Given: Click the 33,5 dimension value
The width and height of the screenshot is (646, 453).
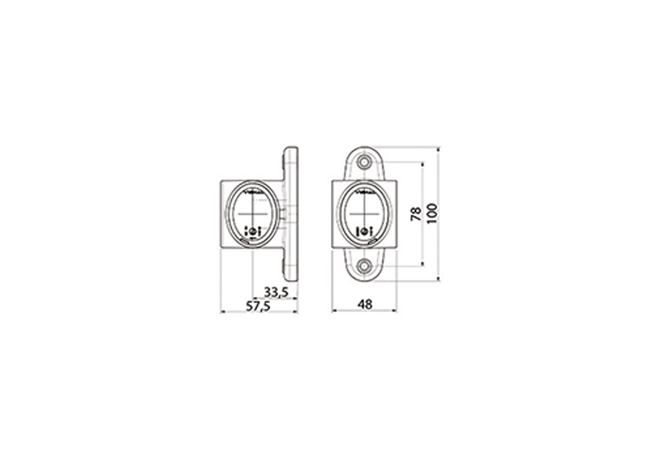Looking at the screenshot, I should [x=277, y=292].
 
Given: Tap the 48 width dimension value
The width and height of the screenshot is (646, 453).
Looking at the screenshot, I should [x=365, y=305].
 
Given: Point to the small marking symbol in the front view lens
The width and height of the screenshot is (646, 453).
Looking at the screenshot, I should [x=364, y=231].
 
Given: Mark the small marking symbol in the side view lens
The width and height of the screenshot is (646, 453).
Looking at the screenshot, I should [x=253, y=230].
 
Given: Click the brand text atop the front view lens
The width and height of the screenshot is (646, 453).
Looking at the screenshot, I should [x=364, y=191].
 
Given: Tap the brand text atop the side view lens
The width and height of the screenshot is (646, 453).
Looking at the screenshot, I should [x=253, y=191].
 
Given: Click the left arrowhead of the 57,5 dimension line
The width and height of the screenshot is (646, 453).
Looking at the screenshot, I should [x=222, y=311].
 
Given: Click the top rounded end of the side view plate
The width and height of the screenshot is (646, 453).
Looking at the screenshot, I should [x=291, y=150].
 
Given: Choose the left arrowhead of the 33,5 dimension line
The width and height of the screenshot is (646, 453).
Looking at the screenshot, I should [x=254, y=298].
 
